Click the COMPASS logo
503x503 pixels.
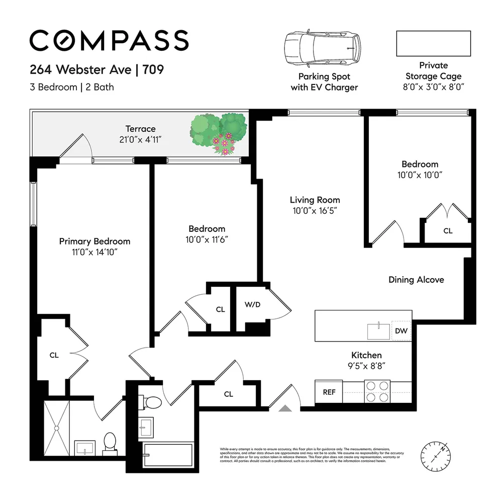click(109, 40)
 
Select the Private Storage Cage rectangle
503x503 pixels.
click(433, 43)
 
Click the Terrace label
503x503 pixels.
click(140, 129)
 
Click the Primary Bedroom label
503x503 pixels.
click(94, 241)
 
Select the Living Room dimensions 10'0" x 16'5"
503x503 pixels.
click(315, 211)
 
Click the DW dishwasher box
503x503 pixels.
click(401, 330)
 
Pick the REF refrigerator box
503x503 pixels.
click(329, 392)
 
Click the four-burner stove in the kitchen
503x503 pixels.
click(377, 391)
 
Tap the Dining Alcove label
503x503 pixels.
click(416, 280)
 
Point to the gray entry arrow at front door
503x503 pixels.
click(285, 408)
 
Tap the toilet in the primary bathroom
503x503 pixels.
click(110, 442)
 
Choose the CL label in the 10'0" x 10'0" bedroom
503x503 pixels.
click(447, 231)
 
